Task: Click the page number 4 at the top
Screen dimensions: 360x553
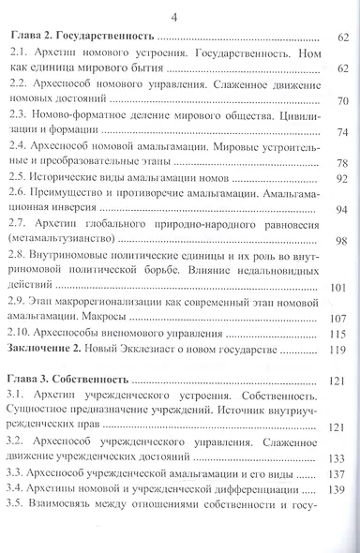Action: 179,16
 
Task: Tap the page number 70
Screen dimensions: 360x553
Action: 340,101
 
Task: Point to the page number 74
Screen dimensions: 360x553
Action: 340,132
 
